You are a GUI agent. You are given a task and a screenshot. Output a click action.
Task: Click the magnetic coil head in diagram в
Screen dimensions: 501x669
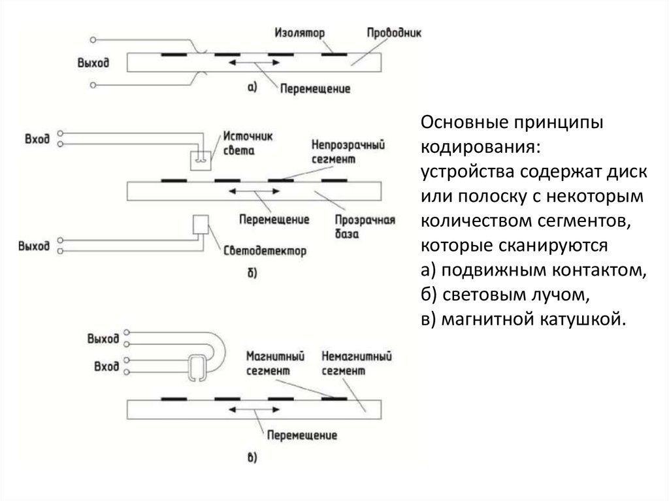click(198, 368)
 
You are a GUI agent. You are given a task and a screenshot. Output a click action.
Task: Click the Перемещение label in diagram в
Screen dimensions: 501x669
click(302, 434)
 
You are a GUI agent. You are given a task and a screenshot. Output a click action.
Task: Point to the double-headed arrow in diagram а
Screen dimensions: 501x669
click(251, 63)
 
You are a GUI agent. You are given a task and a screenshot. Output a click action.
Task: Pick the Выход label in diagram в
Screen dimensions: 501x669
click(103, 338)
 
